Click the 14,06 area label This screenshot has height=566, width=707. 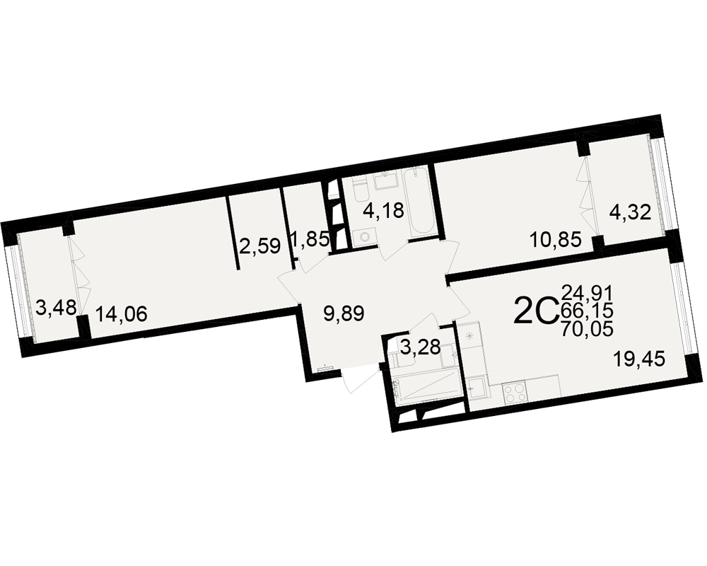pos(122,313)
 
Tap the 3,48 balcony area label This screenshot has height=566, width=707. pos(56,309)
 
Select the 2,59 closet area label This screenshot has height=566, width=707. pos(260,247)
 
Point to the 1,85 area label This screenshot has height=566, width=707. pos(310,239)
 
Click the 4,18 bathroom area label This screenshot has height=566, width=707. pos(383,210)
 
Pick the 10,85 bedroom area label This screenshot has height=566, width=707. pos(556,240)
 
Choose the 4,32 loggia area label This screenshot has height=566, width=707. pos(631,212)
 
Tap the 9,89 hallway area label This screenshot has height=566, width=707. pos(344,313)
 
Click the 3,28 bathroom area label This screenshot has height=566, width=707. pos(420,347)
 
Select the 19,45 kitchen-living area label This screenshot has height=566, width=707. pos(639,360)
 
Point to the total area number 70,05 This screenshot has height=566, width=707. pos(587,329)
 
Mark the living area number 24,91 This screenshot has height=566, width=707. pos(587,294)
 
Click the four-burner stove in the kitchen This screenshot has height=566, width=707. pos(514,391)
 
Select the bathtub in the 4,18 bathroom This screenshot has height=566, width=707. pos(419,202)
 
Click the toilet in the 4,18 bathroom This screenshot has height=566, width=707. pos(361,190)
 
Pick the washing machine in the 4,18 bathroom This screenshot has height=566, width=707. pos(364,238)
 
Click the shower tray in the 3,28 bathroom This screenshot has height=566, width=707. pos(427,386)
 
